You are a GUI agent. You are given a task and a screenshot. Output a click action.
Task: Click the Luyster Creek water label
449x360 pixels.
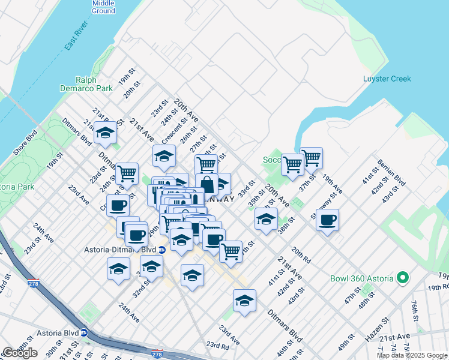pyautogui.click(x=387, y=79)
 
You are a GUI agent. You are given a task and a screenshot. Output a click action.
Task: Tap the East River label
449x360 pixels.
pyautogui.click(x=77, y=35)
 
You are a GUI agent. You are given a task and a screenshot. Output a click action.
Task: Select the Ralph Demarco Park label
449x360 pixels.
pyautogui.click(x=94, y=84)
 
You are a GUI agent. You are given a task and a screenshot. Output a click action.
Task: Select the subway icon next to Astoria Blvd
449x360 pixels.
pyautogui.click(x=85, y=332)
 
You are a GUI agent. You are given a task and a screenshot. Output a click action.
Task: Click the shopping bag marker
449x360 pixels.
pyautogui.click(x=206, y=184)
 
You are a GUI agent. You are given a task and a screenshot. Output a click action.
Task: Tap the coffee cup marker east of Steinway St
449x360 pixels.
pyautogui.click(x=327, y=220)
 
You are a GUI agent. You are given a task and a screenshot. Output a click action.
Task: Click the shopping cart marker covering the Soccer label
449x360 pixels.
pyautogui.click(x=292, y=163)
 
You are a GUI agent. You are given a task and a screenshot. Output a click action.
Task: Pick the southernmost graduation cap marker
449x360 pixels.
pyautogui.click(x=244, y=301)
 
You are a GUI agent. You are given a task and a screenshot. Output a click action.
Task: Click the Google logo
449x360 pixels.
pyautogui.click(x=20, y=353)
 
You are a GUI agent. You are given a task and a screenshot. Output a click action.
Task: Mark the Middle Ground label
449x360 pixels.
pyautogui.click(x=103, y=7)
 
